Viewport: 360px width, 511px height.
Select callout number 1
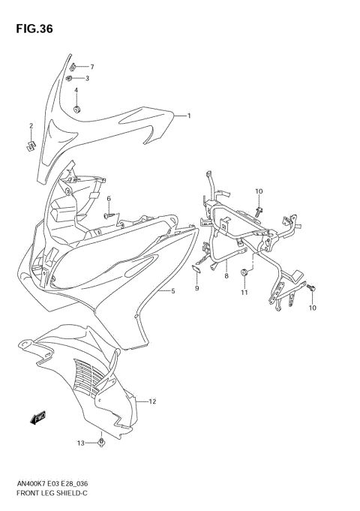189,116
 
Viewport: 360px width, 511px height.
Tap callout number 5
172,290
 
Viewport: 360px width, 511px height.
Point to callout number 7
91,67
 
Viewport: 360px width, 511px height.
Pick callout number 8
226,276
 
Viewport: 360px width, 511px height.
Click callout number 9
196,288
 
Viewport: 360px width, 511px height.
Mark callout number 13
79,444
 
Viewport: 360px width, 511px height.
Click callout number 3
87,78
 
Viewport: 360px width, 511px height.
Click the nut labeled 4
77,110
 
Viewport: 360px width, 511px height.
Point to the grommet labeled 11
244,272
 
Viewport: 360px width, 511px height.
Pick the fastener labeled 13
101,444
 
